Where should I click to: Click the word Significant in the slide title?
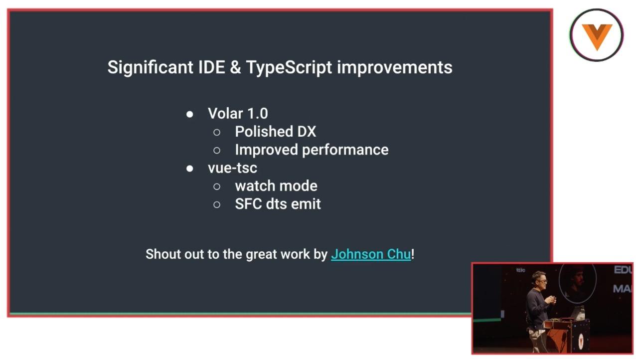pyautogui.click(x=150, y=68)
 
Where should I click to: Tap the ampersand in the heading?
pyautogui.click(x=235, y=68)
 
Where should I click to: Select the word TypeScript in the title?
pyautogui.click(x=289, y=68)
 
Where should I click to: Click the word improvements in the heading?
pyautogui.click(x=394, y=68)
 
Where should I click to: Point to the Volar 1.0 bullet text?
pyautogui.click(x=238, y=113)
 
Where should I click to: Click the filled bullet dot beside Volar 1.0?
pyautogui.click(x=190, y=114)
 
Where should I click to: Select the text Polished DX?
pyautogui.click(x=276, y=132)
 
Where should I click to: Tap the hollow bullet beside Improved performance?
pyautogui.click(x=217, y=150)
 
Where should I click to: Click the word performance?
pyautogui.click(x=345, y=150)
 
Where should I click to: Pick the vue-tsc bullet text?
pyautogui.click(x=232, y=168)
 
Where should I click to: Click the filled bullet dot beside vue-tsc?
pyautogui.click(x=190, y=169)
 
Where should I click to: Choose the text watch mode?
pyautogui.click(x=276, y=186)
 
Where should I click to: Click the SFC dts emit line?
pyautogui.click(x=278, y=204)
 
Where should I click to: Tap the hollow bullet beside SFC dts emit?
pyautogui.click(x=217, y=204)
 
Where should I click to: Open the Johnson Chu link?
pyautogui.click(x=371, y=254)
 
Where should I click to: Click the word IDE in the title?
pyautogui.click(x=211, y=68)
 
